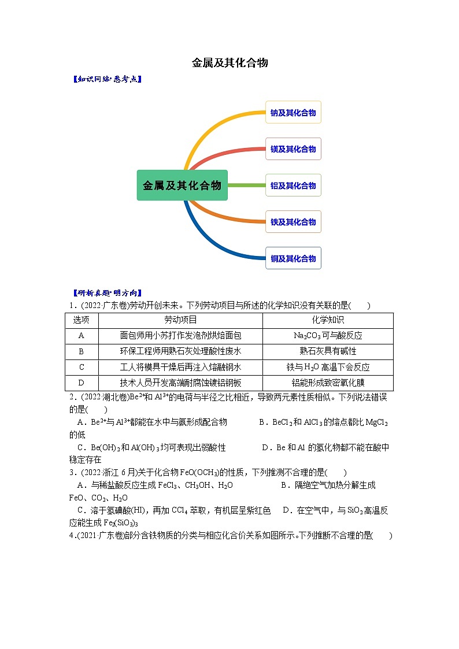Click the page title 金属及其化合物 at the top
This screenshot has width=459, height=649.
(x=229, y=62)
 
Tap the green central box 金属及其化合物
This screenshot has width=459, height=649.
(x=182, y=186)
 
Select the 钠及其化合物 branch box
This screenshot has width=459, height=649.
(x=293, y=113)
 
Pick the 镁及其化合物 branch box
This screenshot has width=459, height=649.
(x=293, y=149)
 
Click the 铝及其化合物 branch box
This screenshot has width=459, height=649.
(x=293, y=186)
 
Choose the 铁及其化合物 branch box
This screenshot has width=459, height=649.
(x=293, y=222)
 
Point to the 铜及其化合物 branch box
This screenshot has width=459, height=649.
(x=293, y=258)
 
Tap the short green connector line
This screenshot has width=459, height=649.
(x=246, y=186)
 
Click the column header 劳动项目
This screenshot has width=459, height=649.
(x=180, y=320)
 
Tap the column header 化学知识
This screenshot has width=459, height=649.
(x=328, y=320)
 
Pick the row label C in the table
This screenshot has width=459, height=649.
(x=82, y=367)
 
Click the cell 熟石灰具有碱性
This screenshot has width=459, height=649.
(x=328, y=351)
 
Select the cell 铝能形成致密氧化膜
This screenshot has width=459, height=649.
(x=328, y=383)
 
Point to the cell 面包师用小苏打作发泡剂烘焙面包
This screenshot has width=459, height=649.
(x=180, y=336)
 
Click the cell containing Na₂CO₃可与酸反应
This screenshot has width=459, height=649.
(x=328, y=336)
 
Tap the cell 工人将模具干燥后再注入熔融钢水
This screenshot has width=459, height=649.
(x=180, y=367)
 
